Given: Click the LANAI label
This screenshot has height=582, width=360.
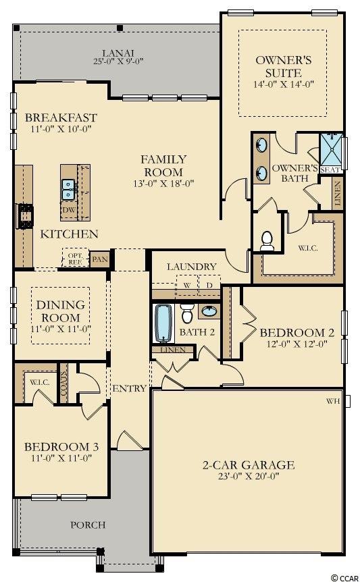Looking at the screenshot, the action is coord(118,53).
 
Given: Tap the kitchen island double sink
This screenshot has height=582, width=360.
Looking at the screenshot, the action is coord(68,189).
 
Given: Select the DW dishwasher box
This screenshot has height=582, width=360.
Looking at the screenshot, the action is coord(69,210).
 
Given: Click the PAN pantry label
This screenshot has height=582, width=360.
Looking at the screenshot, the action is coord(99,259).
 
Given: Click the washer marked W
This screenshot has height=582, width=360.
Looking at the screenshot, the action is coord(187,285).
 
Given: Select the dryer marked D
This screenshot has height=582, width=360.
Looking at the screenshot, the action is coord(209,285).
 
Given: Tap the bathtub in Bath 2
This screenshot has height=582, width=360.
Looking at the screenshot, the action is coord(163,323).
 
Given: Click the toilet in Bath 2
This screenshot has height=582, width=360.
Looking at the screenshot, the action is coord(187,314).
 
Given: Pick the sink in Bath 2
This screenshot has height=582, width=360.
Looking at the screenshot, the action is coord(209,311).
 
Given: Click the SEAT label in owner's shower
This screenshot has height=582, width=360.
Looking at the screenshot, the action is coord(330,170).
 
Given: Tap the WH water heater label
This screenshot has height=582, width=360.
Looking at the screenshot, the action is coord(332,401).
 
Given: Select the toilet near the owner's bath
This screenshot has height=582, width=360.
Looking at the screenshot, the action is coord(267,241).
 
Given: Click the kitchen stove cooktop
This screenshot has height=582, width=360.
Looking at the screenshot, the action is coord(25,216).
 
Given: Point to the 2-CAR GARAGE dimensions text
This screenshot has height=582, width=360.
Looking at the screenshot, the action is coord(249,476).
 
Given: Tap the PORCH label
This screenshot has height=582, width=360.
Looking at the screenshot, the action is coord(88,525).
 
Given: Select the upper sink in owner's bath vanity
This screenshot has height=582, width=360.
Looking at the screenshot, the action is coord(262,144).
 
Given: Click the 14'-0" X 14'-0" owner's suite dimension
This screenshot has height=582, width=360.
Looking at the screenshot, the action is coord(284,84).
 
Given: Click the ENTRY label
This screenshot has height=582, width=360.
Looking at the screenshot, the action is coord(129,388).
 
